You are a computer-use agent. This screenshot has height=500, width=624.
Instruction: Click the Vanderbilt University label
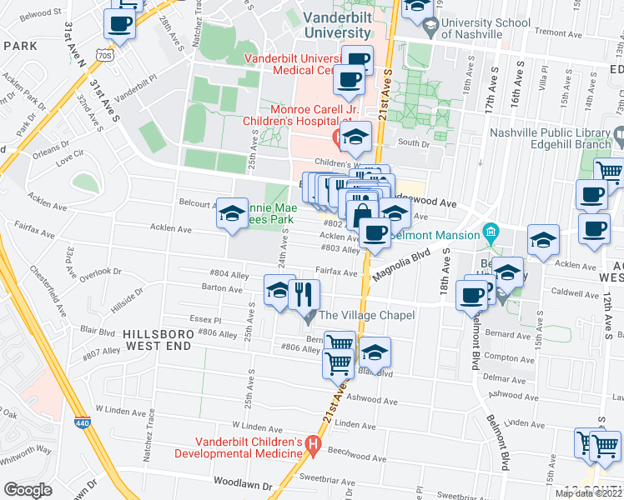click(x=325, y=24)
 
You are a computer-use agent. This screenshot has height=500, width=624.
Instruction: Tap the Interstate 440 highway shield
click(x=82, y=422)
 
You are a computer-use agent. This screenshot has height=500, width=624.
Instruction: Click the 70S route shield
click(x=103, y=55)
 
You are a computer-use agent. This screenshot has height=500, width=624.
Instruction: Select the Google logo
click(x=28, y=490)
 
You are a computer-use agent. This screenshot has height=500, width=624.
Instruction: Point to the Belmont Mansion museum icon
click(x=491, y=230)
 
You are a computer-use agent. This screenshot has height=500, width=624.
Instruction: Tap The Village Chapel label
click(x=373, y=315)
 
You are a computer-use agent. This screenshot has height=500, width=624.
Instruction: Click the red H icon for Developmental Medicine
click(x=313, y=447)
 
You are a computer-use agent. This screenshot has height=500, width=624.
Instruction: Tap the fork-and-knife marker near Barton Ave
click(x=304, y=293)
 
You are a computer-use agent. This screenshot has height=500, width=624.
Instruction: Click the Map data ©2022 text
click(x=588, y=493)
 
